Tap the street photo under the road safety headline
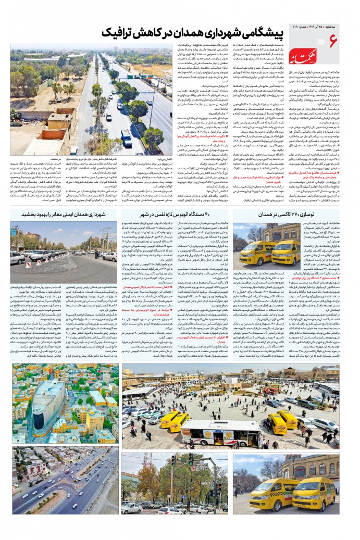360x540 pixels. tap(65, 247)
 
